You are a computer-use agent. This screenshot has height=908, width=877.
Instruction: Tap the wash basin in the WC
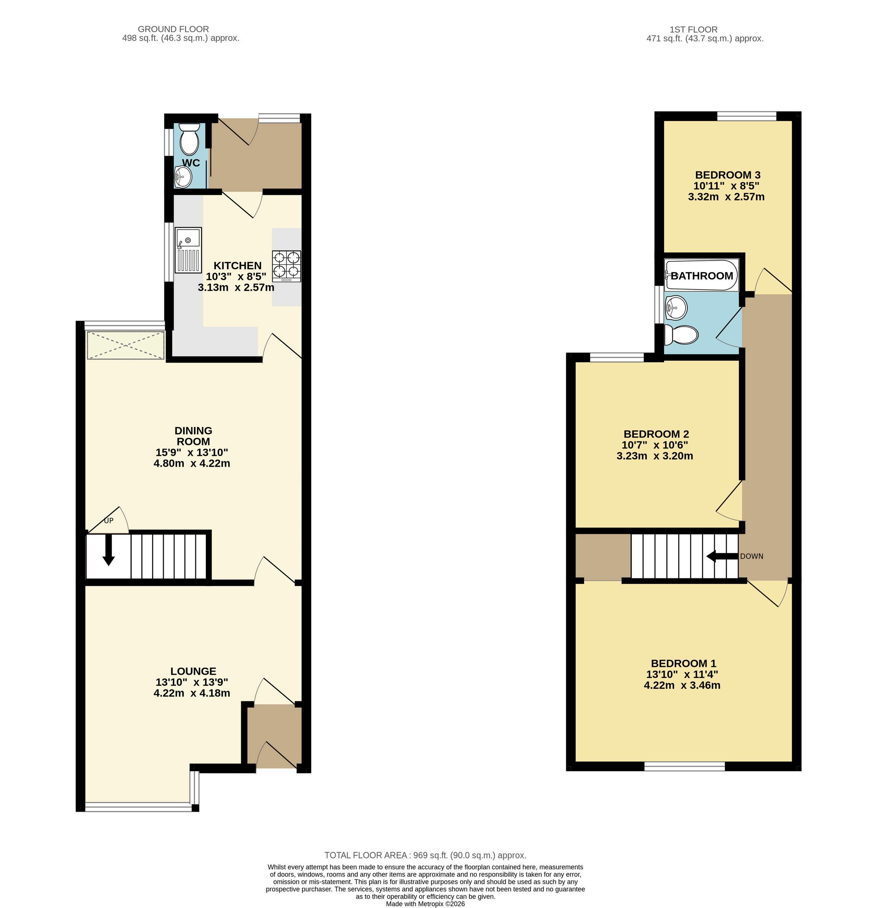click(x=183, y=177)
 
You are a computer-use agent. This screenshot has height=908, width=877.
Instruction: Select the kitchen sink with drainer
click(x=188, y=250)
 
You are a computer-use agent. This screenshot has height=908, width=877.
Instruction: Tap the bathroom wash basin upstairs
click(x=675, y=307)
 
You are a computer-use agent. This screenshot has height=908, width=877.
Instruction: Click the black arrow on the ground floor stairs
click(x=109, y=550)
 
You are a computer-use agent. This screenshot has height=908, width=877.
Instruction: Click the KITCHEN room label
click(x=237, y=265)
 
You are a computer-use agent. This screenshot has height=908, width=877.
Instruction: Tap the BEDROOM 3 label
click(x=728, y=175)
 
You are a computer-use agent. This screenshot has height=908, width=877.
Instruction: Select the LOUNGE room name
click(x=193, y=671)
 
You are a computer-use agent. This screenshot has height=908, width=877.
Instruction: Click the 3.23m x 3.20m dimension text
click(x=655, y=456)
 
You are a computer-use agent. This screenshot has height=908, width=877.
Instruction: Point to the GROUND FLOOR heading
click(x=173, y=29)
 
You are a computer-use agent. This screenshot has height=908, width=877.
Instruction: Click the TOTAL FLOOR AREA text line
click(x=425, y=855)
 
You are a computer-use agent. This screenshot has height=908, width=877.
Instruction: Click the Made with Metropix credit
click(x=425, y=904)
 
